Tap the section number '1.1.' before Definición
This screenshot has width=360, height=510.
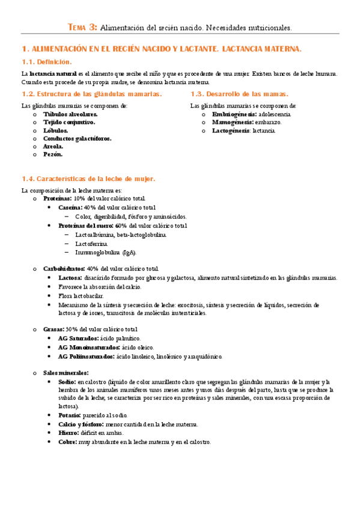28,62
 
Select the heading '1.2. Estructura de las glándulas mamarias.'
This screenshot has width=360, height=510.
91,94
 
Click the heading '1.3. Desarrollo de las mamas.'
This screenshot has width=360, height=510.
239,94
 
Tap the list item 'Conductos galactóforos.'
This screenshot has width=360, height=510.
77,138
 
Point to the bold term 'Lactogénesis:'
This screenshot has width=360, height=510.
231,130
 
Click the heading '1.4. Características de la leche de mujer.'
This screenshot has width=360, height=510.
88,179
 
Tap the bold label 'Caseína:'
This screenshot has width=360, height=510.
70,207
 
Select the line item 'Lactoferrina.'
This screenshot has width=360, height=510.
91,244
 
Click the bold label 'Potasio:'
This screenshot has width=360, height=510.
70,416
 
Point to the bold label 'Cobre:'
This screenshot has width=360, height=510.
68,442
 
